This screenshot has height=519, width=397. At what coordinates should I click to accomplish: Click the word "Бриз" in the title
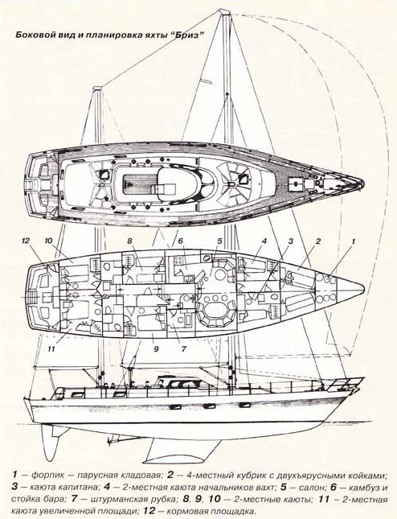click(187, 35)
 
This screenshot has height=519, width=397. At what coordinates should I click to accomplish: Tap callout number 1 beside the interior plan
click(353, 241)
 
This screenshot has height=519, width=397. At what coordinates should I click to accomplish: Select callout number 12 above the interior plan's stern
click(26, 241)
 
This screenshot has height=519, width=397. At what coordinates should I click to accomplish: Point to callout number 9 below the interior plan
click(157, 348)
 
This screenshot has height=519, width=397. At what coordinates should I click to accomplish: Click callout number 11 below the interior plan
click(51, 348)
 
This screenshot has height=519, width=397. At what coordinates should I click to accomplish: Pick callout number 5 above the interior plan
click(219, 241)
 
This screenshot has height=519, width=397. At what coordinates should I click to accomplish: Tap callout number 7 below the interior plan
click(184, 348)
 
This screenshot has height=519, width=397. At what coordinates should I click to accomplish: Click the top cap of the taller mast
click(223, 12)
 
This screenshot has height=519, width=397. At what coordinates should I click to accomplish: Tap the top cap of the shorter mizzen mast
click(97, 89)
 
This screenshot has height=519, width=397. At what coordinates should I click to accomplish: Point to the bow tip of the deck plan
click(362, 183)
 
